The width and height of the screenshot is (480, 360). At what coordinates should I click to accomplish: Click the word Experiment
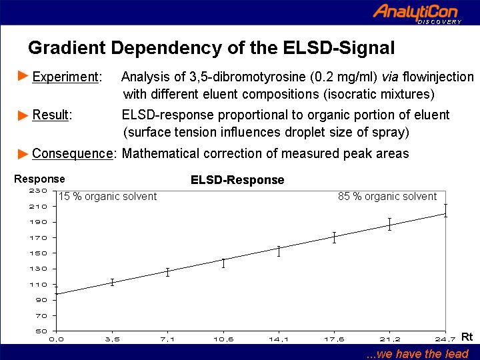(x=65, y=77)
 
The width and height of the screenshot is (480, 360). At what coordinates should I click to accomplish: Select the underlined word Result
(x=51, y=115)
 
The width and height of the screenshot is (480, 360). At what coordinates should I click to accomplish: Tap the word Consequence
(x=73, y=153)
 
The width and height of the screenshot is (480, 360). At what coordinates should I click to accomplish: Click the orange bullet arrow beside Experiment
(x=23, y=75)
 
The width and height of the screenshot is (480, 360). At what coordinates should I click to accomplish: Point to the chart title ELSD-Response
(x=237, y=180)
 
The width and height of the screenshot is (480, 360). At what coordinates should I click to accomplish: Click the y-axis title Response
(x=39, y=179)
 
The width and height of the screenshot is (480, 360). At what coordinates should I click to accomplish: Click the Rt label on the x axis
(x=467, y=337)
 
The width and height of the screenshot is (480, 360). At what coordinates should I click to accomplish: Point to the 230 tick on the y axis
(x=38, y=191)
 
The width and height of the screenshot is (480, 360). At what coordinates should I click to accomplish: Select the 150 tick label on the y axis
(x=38, y=253)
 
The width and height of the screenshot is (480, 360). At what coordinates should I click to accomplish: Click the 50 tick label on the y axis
(x=41, y=331)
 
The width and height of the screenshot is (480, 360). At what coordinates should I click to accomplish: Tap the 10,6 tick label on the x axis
(x=223, y=339)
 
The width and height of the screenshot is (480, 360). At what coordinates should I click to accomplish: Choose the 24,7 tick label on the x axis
(x=445, y=339)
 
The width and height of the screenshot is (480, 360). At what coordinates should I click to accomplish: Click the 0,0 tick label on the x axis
(x=56, y=339)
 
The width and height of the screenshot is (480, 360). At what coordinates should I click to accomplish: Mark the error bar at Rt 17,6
(x=334, y=237)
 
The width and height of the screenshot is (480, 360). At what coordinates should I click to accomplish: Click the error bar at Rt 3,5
(x=113, y=282)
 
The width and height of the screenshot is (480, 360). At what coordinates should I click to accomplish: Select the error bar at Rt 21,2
(x=390, y=224)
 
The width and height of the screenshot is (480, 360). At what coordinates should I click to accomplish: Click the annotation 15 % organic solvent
(x=107, y=197)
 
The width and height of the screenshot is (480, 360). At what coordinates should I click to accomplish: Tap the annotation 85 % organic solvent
(x=387, y=197)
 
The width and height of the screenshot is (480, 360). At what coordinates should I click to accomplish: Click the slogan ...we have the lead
(x=417, y=353)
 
